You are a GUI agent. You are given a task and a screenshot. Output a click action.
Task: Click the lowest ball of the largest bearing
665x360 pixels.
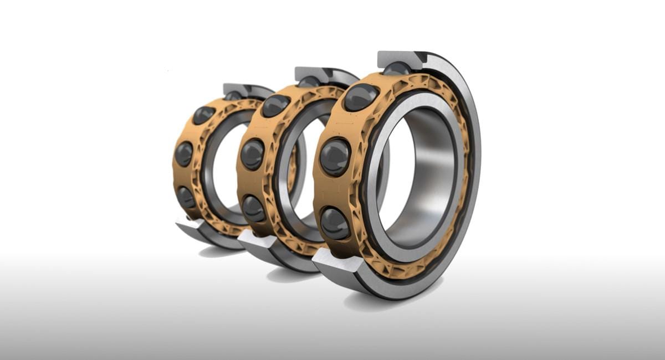pyautogui.click(x=335, y=223)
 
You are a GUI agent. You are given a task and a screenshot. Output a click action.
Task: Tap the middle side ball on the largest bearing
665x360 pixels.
pyautogui.click(x=335, y=157)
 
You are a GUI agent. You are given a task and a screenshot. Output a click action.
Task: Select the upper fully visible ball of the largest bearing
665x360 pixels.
pyautogui.click(x=360, y=97)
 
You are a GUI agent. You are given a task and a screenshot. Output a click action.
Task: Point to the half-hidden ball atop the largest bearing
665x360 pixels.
pyautogui.click(x=397, y=69)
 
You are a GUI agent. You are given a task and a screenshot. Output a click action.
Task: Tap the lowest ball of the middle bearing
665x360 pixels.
pyautogui.click(x=254, y=208)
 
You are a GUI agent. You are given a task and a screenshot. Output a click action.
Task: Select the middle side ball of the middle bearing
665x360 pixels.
pyautogui.click(x=253, y=154)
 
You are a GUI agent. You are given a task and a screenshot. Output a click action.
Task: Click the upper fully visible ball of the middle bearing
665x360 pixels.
pyautogui.click(x=275, y=105)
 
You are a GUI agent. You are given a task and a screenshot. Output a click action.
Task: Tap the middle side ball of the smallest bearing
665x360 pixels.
pyautogui.click(x=184, y=153)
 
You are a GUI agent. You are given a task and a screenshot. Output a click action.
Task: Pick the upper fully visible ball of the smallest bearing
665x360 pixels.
pyautogui.click(x=203, y=114)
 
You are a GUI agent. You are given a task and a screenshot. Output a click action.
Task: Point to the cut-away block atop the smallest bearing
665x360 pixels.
pyautogui.click(x=237, y=89)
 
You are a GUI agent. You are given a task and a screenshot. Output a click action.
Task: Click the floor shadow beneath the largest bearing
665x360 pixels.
pyautogui.click(x=388, y=302)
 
